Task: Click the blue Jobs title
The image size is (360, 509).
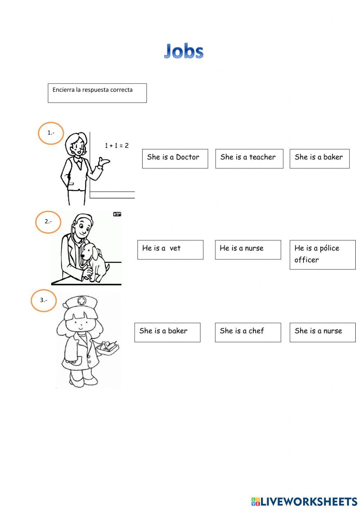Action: point(184,51)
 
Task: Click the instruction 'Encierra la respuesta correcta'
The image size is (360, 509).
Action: point(93,90)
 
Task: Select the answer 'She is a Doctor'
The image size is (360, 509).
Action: point(175,158)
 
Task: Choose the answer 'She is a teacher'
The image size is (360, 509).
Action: point(249,158)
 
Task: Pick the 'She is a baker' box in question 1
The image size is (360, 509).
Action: point(319,158)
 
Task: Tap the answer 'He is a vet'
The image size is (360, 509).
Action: point(170,250)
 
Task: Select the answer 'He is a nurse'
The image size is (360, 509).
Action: point(248,250)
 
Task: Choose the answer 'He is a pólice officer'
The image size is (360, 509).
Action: point(322,255)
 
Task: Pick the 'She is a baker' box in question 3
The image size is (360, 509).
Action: point(167,332)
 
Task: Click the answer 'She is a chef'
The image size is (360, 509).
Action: point(248,332)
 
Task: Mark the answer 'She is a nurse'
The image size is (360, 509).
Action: point(322,332)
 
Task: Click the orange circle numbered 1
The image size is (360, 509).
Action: point(51,133)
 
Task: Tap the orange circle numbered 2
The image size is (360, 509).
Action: point(48,222)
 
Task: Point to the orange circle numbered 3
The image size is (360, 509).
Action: point(44,300)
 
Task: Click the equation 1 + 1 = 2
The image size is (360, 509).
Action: point(117,146)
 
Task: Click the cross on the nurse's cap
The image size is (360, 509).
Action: point(82,300)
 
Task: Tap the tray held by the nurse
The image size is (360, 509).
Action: point(108,348)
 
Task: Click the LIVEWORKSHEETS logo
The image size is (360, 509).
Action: point(304,501)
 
